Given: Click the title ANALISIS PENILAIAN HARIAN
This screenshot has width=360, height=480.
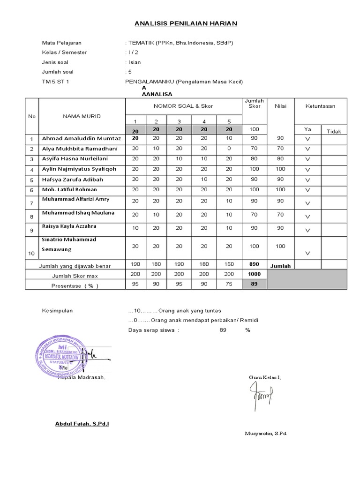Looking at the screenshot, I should pyautogui.click(x=186, y=23).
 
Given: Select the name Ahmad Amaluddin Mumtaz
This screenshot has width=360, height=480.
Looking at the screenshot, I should pyautogui.click(x=82, y=139).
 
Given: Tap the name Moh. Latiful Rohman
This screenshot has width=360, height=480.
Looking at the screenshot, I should pyautogui.click(x=69, y=190).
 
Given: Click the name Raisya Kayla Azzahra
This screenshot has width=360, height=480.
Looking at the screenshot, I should pyautogui.click(x=69, y=226).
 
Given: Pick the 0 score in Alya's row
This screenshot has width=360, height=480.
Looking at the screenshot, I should pyautogui.click(x=229, y=149).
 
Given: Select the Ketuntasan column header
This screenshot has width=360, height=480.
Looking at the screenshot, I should pyautogui.click(x=320, y=106).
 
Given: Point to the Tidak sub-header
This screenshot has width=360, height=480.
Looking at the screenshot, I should pyautogui.click(x=334, y=132).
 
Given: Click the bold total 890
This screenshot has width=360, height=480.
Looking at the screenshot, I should pyautogui.click(x=254, y=264).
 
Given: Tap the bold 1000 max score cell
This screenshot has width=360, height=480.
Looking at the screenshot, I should pyautogui.click(x=254, y=274).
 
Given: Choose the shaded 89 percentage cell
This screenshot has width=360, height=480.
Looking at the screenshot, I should pyautogui.click(x=254, y=284).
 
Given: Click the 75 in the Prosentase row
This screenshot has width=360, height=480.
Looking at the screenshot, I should pyautogui.click(x=229, y=284).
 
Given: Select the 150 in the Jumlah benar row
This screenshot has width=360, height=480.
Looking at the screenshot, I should pyautogui.click(x=229, y=265).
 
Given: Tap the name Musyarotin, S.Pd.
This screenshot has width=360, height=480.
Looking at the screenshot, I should pyautogui.click(x=265, y=433).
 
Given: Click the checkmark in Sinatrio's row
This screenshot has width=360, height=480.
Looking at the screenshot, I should pyautogui.click(x=308, y=253).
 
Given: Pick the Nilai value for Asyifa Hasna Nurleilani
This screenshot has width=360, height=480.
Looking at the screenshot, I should pyautogui.click(x=280, y=159).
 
